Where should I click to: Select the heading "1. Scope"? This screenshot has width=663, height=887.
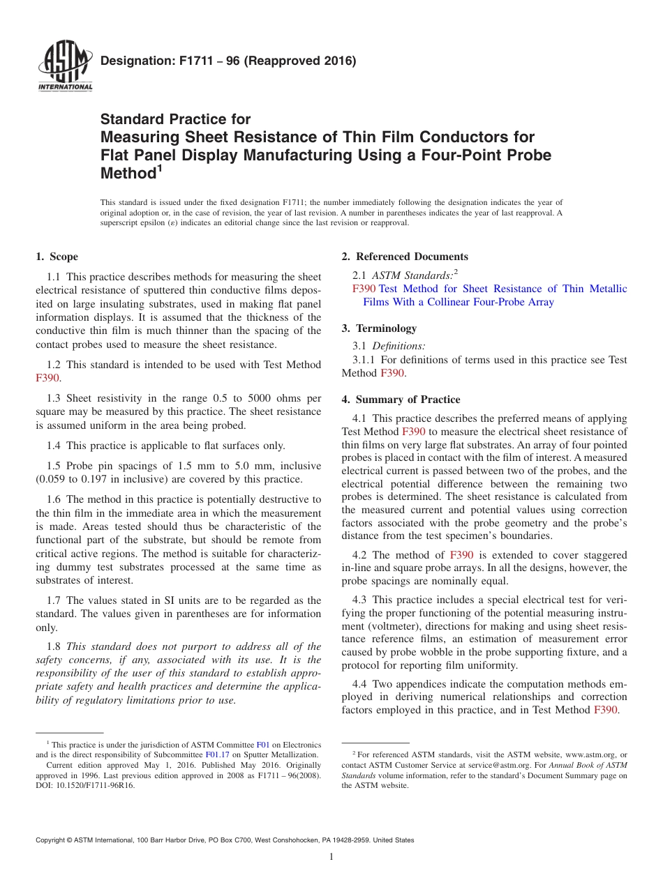click(57, 257)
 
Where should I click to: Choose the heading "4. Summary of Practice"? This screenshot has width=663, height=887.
click(401, 400)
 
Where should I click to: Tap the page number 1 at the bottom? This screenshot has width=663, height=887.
click(331, 857)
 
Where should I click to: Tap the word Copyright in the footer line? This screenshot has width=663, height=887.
click(54, 840)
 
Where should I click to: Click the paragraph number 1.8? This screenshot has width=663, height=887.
click(54, 646)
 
